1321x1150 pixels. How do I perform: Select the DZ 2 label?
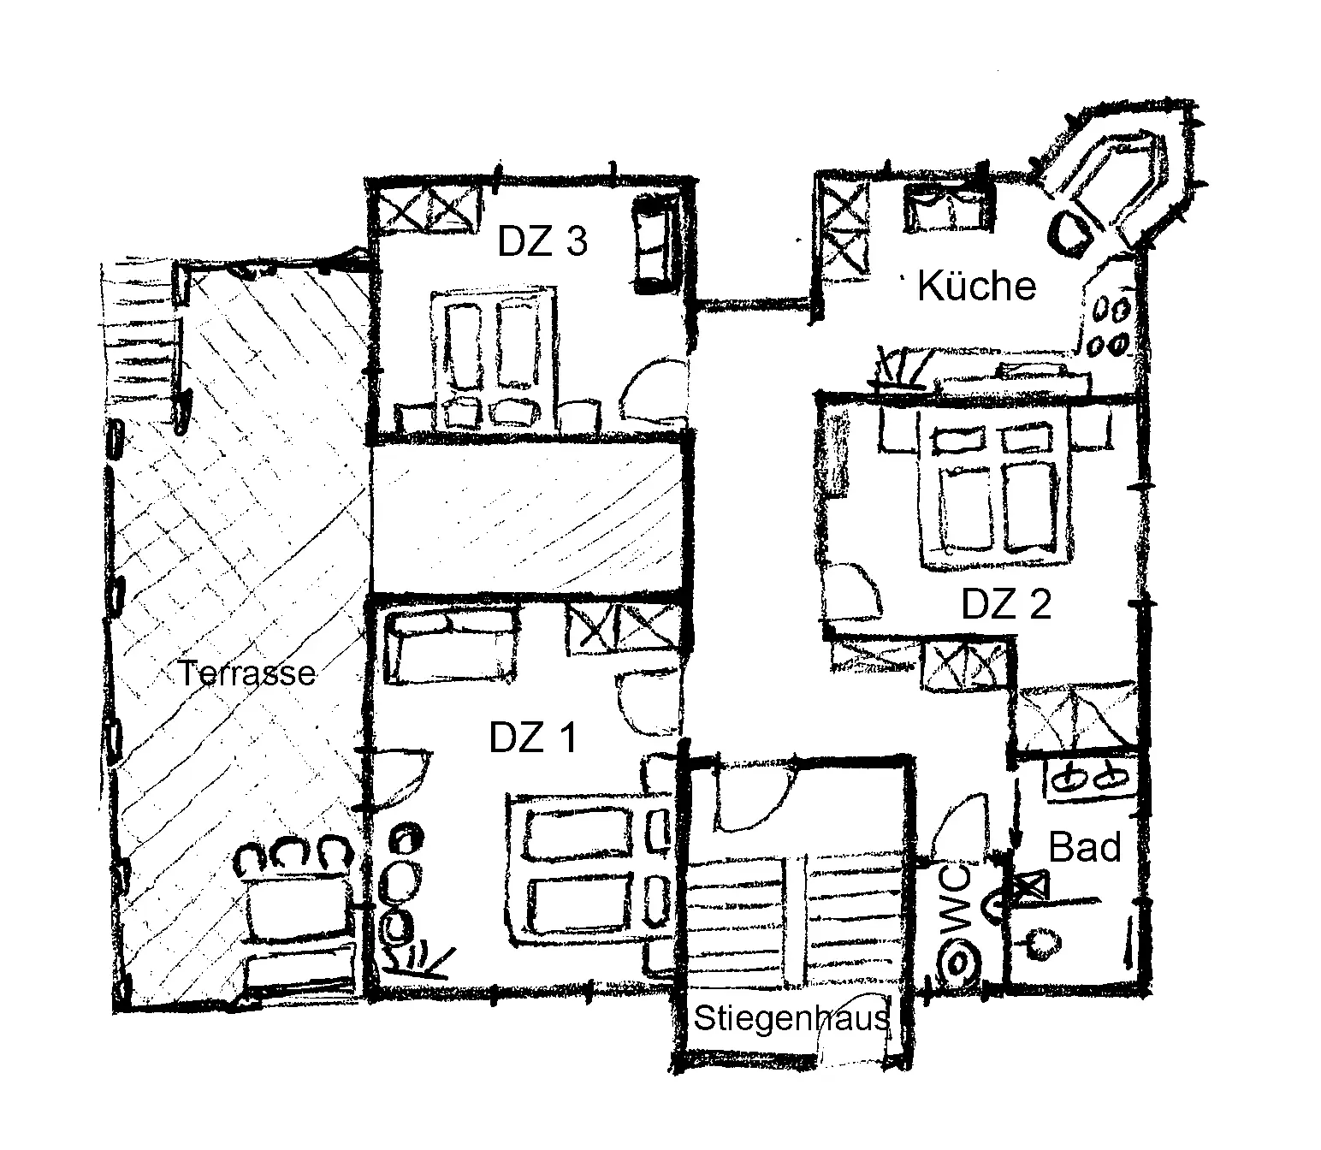(x=1006, y=604)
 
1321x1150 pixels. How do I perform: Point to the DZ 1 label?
(x=533, y=738)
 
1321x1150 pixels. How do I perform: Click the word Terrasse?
(x=246, y=673)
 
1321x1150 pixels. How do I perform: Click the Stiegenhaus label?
(x=792, y=1018)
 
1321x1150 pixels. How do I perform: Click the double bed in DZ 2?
(x=995, y=494)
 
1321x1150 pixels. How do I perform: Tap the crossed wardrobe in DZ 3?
(x=429, y=209)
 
